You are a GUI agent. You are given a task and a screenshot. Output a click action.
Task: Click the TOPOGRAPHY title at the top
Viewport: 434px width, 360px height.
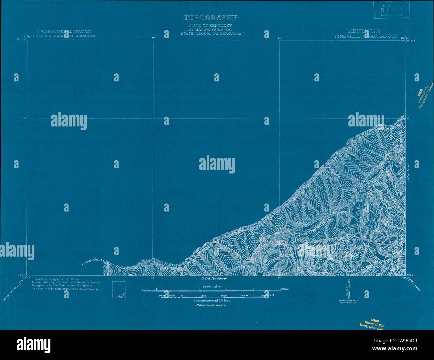[x=210, y=18]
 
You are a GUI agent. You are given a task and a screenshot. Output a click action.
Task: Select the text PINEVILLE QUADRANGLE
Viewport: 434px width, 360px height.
[x=367, y=36]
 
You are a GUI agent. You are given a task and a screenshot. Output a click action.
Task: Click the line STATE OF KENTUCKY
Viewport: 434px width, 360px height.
[x=210, y=26]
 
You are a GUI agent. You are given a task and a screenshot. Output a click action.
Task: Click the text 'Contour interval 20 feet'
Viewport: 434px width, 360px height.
[x=212, y=301]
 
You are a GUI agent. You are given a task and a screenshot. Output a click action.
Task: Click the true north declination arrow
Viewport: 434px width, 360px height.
[x=348, y=290]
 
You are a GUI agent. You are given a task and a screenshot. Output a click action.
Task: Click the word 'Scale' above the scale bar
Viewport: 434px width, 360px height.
[x=207, y=287]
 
